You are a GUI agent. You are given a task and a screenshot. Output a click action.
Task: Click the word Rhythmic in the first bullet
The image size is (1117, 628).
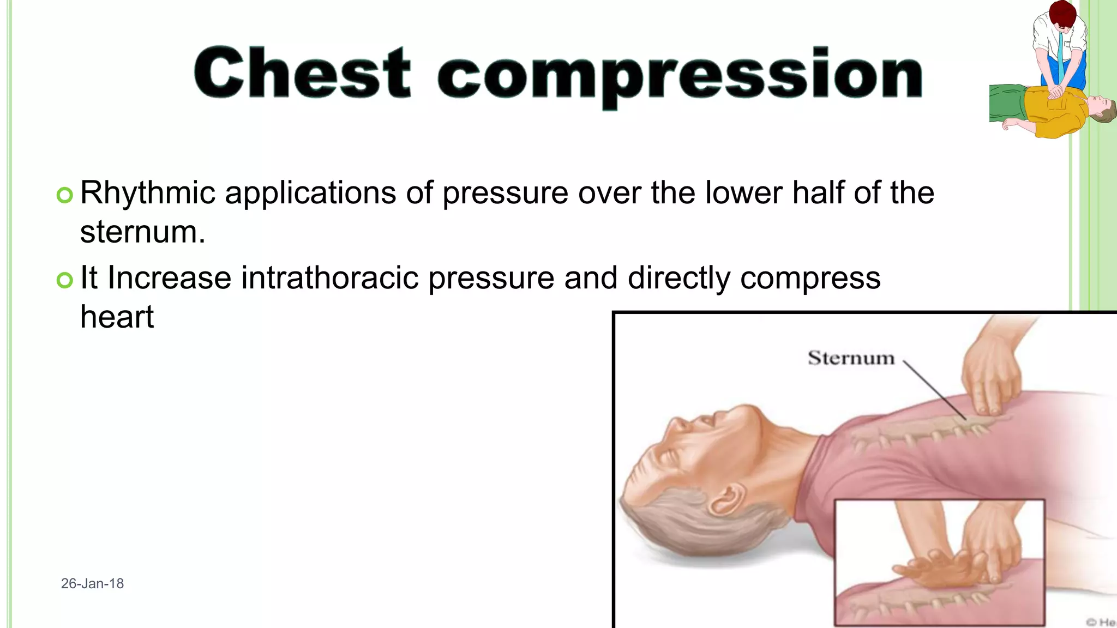tap(148, 193)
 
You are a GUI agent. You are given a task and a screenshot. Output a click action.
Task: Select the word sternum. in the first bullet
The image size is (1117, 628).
tap(142, 232)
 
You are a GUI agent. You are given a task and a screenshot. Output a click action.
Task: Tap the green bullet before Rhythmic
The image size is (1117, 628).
tap(64, 195)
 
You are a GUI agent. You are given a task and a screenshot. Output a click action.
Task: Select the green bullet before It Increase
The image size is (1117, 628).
tap(64, 280)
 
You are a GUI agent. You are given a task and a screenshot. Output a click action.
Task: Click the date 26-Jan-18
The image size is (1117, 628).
tap(92, 583)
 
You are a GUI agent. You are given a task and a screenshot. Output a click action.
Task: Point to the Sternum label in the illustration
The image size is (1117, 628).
tap(851, 358)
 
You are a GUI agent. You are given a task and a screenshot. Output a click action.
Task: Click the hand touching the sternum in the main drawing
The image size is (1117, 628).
tap(990, 376)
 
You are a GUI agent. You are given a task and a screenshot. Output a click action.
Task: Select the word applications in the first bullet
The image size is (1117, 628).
tap(310, 193)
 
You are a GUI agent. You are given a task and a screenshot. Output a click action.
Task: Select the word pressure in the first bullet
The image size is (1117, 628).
tap(505, 193)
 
